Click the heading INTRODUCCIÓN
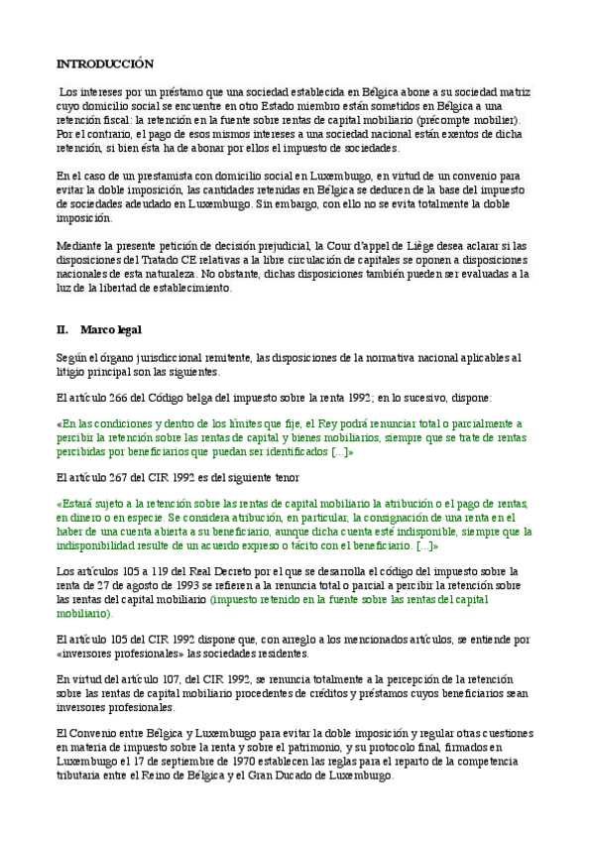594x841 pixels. (x=105, y=63)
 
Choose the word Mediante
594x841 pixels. (x=80, y=246)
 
